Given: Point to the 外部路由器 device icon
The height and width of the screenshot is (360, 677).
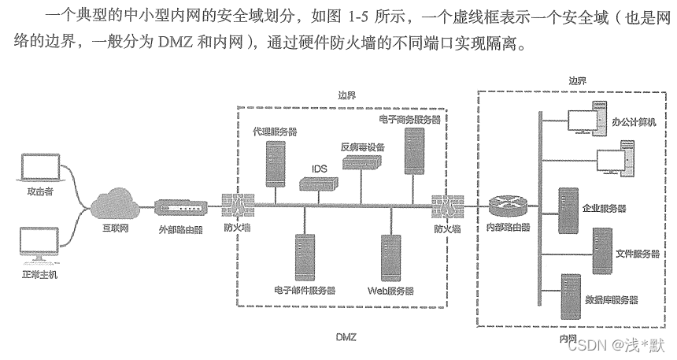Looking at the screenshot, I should [x=180, y=209].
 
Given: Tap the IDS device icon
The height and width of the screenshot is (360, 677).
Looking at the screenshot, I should [x=318, y=183].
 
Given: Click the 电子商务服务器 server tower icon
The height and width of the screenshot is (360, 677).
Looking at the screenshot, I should [x=415, y=150].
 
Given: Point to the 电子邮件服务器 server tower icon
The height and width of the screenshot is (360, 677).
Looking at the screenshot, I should [x=305, y=257].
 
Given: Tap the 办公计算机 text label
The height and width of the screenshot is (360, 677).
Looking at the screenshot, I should [x=633, y=123].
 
